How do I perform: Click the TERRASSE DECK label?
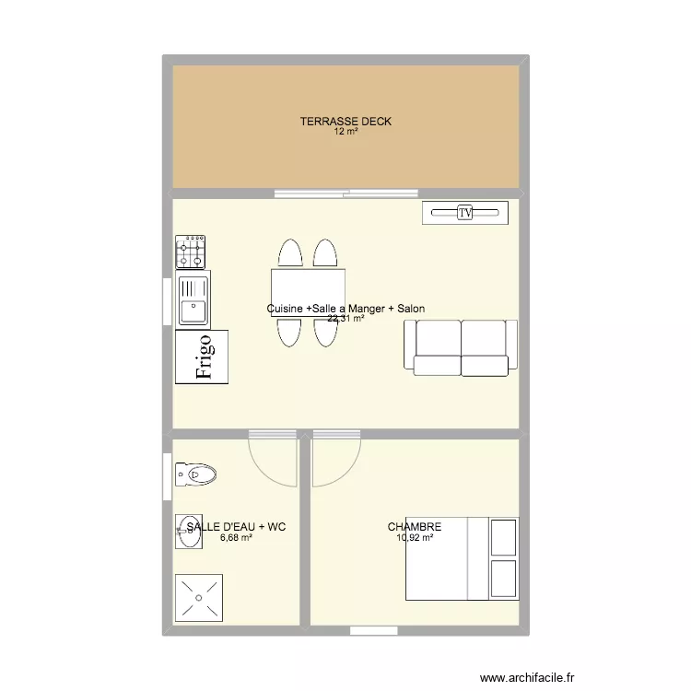[x=345, y=122]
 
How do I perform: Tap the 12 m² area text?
[x=345, y=132]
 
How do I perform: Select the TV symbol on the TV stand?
[x=465, y=213]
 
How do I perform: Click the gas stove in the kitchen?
[x=191, y=252]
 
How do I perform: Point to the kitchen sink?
[x=193, y=299]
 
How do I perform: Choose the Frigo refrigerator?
[x=202, y=357]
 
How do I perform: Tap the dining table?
[x=308, y=293]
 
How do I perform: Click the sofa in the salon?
[x=461, y=347]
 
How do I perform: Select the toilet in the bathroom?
[x=195, y=474]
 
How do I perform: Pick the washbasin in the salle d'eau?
[x=189, y=532]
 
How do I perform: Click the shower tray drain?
[x=199, y=598]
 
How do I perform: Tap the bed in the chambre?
[x=463, y=559]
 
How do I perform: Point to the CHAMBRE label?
[x=415, y=527]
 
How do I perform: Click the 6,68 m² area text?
[x=236, y=538]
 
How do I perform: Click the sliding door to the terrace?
[x=346, y=193]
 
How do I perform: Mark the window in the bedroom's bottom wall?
[x=374, y=630]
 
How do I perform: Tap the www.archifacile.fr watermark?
[x=527, y=677]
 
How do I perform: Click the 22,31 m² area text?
[x=345, y=318]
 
